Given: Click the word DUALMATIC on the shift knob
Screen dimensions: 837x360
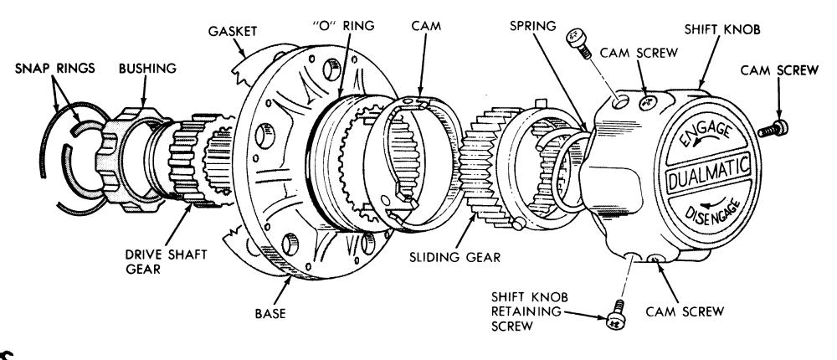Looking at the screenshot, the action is (709, 172).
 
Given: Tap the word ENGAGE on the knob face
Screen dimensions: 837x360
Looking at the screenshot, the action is (705, 133).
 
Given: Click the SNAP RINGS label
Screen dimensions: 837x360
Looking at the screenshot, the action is (55, 68).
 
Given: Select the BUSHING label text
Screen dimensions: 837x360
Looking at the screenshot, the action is (147, 69).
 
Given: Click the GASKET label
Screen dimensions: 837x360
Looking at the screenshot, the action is (232, 31).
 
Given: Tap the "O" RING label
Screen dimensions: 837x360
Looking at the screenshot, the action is (342, 25).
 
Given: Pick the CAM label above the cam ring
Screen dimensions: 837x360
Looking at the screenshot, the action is (426, 26).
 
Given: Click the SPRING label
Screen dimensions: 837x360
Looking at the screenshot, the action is (532, 26).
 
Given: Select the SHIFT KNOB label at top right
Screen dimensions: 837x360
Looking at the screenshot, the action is (722, 28).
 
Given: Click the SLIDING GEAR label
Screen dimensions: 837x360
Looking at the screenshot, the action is (454, 258).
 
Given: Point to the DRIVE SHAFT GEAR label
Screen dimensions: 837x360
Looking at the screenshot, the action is (166, 261).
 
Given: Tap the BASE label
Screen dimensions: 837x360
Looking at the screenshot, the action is (270, 313).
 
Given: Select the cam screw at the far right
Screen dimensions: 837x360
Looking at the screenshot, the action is (772, 129).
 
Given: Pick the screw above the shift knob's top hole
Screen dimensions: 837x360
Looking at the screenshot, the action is (578, 43).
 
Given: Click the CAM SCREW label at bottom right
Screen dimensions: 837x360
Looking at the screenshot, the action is (685, 311).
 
